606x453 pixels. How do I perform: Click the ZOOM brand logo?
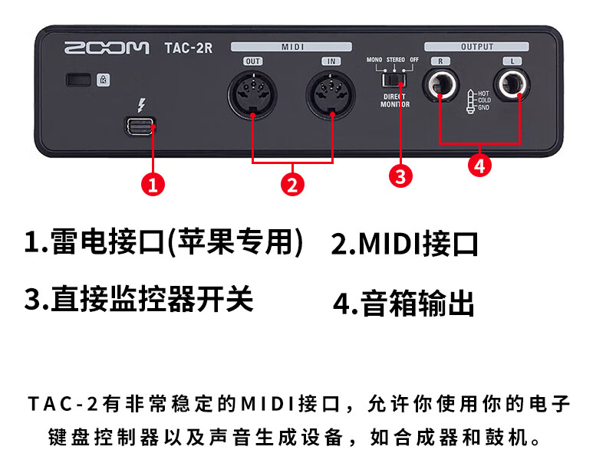[x=107, y=48]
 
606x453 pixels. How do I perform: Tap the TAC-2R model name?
[x=189, y=48]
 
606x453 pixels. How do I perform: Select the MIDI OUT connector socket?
[x=252, y=95]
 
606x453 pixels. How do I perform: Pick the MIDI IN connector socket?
[x=331, y=95]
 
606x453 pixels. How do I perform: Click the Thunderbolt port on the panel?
[x=140, y=126]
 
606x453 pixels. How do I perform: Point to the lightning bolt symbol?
[x=142, y=105]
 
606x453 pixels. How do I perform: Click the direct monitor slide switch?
[x=393, y=80]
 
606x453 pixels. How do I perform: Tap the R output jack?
[x=441, y=84]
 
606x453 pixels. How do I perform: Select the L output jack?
[x=512, y=84]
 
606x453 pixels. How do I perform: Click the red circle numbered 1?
[x=153, y=184]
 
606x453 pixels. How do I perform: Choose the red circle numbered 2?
[x=292, y=184]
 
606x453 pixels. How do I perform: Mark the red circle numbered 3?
[x=400, y=176]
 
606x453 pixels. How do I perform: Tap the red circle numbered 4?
[x=479, y=166]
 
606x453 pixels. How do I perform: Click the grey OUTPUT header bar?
[x=476, y=47]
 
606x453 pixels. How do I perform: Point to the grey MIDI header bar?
[x=291, y=47]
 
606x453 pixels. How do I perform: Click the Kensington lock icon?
[x=104, y=80]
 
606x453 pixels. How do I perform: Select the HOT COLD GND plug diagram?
[x=478, y=101]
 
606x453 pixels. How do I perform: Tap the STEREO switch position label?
[x=396, y=60]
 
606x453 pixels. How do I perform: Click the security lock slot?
[x=78, y=80]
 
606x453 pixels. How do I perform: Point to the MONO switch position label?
[x=374, y=60]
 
